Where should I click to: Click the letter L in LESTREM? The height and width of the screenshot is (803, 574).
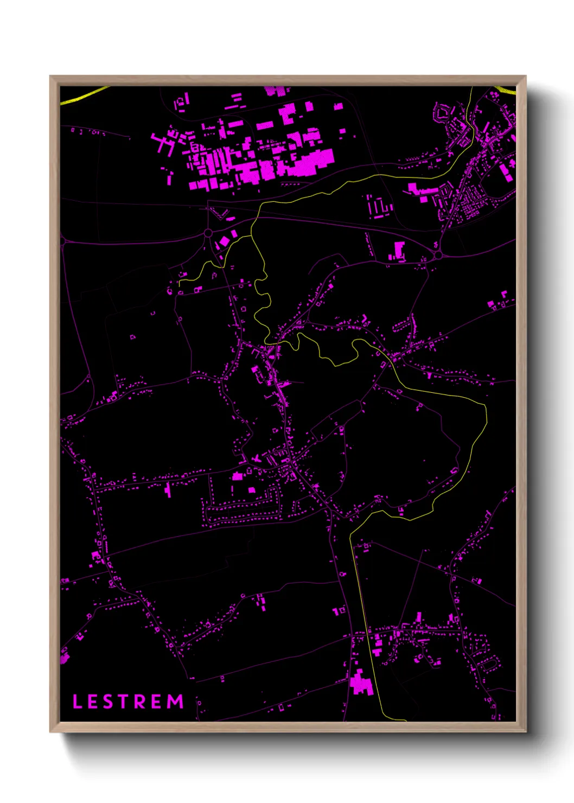[x=77, y=702]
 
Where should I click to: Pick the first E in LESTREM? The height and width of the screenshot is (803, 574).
[x=92, y=702]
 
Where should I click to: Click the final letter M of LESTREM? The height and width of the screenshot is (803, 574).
[x=175, y=702]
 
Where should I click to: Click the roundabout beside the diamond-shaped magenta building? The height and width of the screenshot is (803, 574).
[x=208, y=233]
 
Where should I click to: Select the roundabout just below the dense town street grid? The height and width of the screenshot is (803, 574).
[x=438, y=254]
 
